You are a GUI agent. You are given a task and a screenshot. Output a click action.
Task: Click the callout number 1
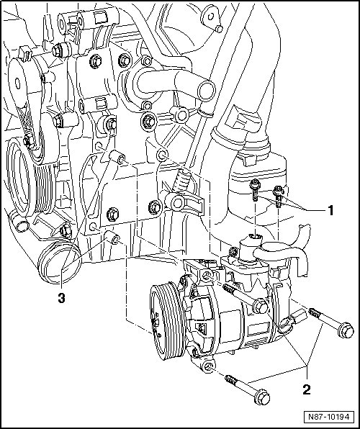click(x=330, y=210)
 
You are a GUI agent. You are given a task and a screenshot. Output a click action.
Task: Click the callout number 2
click(x=306, y=389)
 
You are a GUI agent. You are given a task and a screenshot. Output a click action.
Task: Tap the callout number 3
click(x=62, y=298)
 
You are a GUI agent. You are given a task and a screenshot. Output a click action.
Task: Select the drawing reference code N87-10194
click(x=329, y=417)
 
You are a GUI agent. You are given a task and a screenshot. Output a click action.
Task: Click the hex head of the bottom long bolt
click(x=262, y=397)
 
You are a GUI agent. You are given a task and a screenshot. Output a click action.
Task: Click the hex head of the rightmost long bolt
click(x=346, y=330)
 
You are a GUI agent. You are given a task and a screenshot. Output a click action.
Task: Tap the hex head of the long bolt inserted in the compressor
click(x=261, y=307)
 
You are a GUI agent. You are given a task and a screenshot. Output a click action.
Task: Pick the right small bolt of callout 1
click(x=278, y=196)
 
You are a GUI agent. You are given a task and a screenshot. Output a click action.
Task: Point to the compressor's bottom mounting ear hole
click(x=209, y=366)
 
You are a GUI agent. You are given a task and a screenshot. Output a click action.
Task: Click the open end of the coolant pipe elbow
click(x=206, y=89)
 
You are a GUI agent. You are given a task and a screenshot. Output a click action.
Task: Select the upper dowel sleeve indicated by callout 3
click(x=117, y=158)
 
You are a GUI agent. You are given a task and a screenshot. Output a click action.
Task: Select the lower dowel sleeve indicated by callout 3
click(x=112, y=238)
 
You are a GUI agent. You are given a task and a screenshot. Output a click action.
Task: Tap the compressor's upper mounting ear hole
click(x=207, y=276)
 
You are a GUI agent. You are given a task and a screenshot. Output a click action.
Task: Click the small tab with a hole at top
click(x=211, y=18)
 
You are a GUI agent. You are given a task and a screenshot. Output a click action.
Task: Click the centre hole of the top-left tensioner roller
click(x=18, y=83)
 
